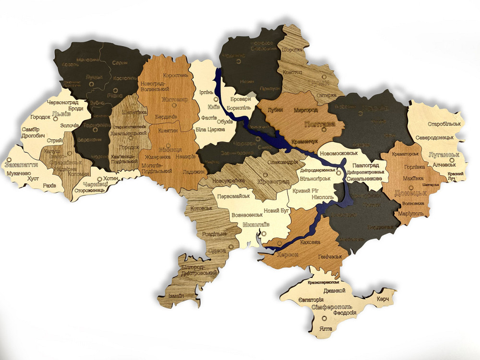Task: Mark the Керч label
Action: click(383, 299)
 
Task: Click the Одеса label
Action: click(217, 251)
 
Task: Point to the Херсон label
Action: click(278, 255)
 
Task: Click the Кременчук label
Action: click(305, 143)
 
